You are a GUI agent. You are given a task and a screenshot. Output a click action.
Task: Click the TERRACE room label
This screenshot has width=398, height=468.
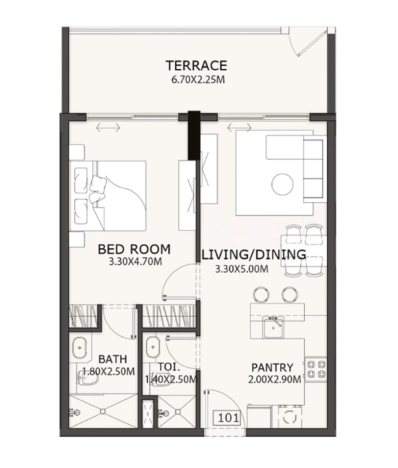point(196,65)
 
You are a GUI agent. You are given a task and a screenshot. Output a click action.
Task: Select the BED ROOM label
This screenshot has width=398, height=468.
point(134,249)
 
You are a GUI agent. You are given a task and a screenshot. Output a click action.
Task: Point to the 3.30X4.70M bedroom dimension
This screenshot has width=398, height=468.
point(135,262)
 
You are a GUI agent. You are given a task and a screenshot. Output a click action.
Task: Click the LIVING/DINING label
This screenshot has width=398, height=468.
point(254,254)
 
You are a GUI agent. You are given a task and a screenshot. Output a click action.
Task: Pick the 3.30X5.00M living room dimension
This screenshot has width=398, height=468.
point(241,269)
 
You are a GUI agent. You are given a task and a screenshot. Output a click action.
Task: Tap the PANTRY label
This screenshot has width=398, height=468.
point(272,367)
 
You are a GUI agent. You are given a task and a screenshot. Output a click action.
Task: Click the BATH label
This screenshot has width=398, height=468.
point(113,359)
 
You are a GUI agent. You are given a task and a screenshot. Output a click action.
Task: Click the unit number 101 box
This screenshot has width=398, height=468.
point(227,418)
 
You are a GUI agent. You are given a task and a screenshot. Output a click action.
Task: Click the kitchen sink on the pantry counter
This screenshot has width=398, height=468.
point(271,328)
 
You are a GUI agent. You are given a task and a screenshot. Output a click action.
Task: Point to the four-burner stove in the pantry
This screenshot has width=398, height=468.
point(316,370)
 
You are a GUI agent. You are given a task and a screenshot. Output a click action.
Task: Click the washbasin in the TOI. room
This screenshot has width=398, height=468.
point(153,347)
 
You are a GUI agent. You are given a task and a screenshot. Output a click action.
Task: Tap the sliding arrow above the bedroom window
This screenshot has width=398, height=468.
point(108,128)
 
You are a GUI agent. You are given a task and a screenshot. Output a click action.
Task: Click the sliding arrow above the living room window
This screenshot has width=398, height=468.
point(239,128)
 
